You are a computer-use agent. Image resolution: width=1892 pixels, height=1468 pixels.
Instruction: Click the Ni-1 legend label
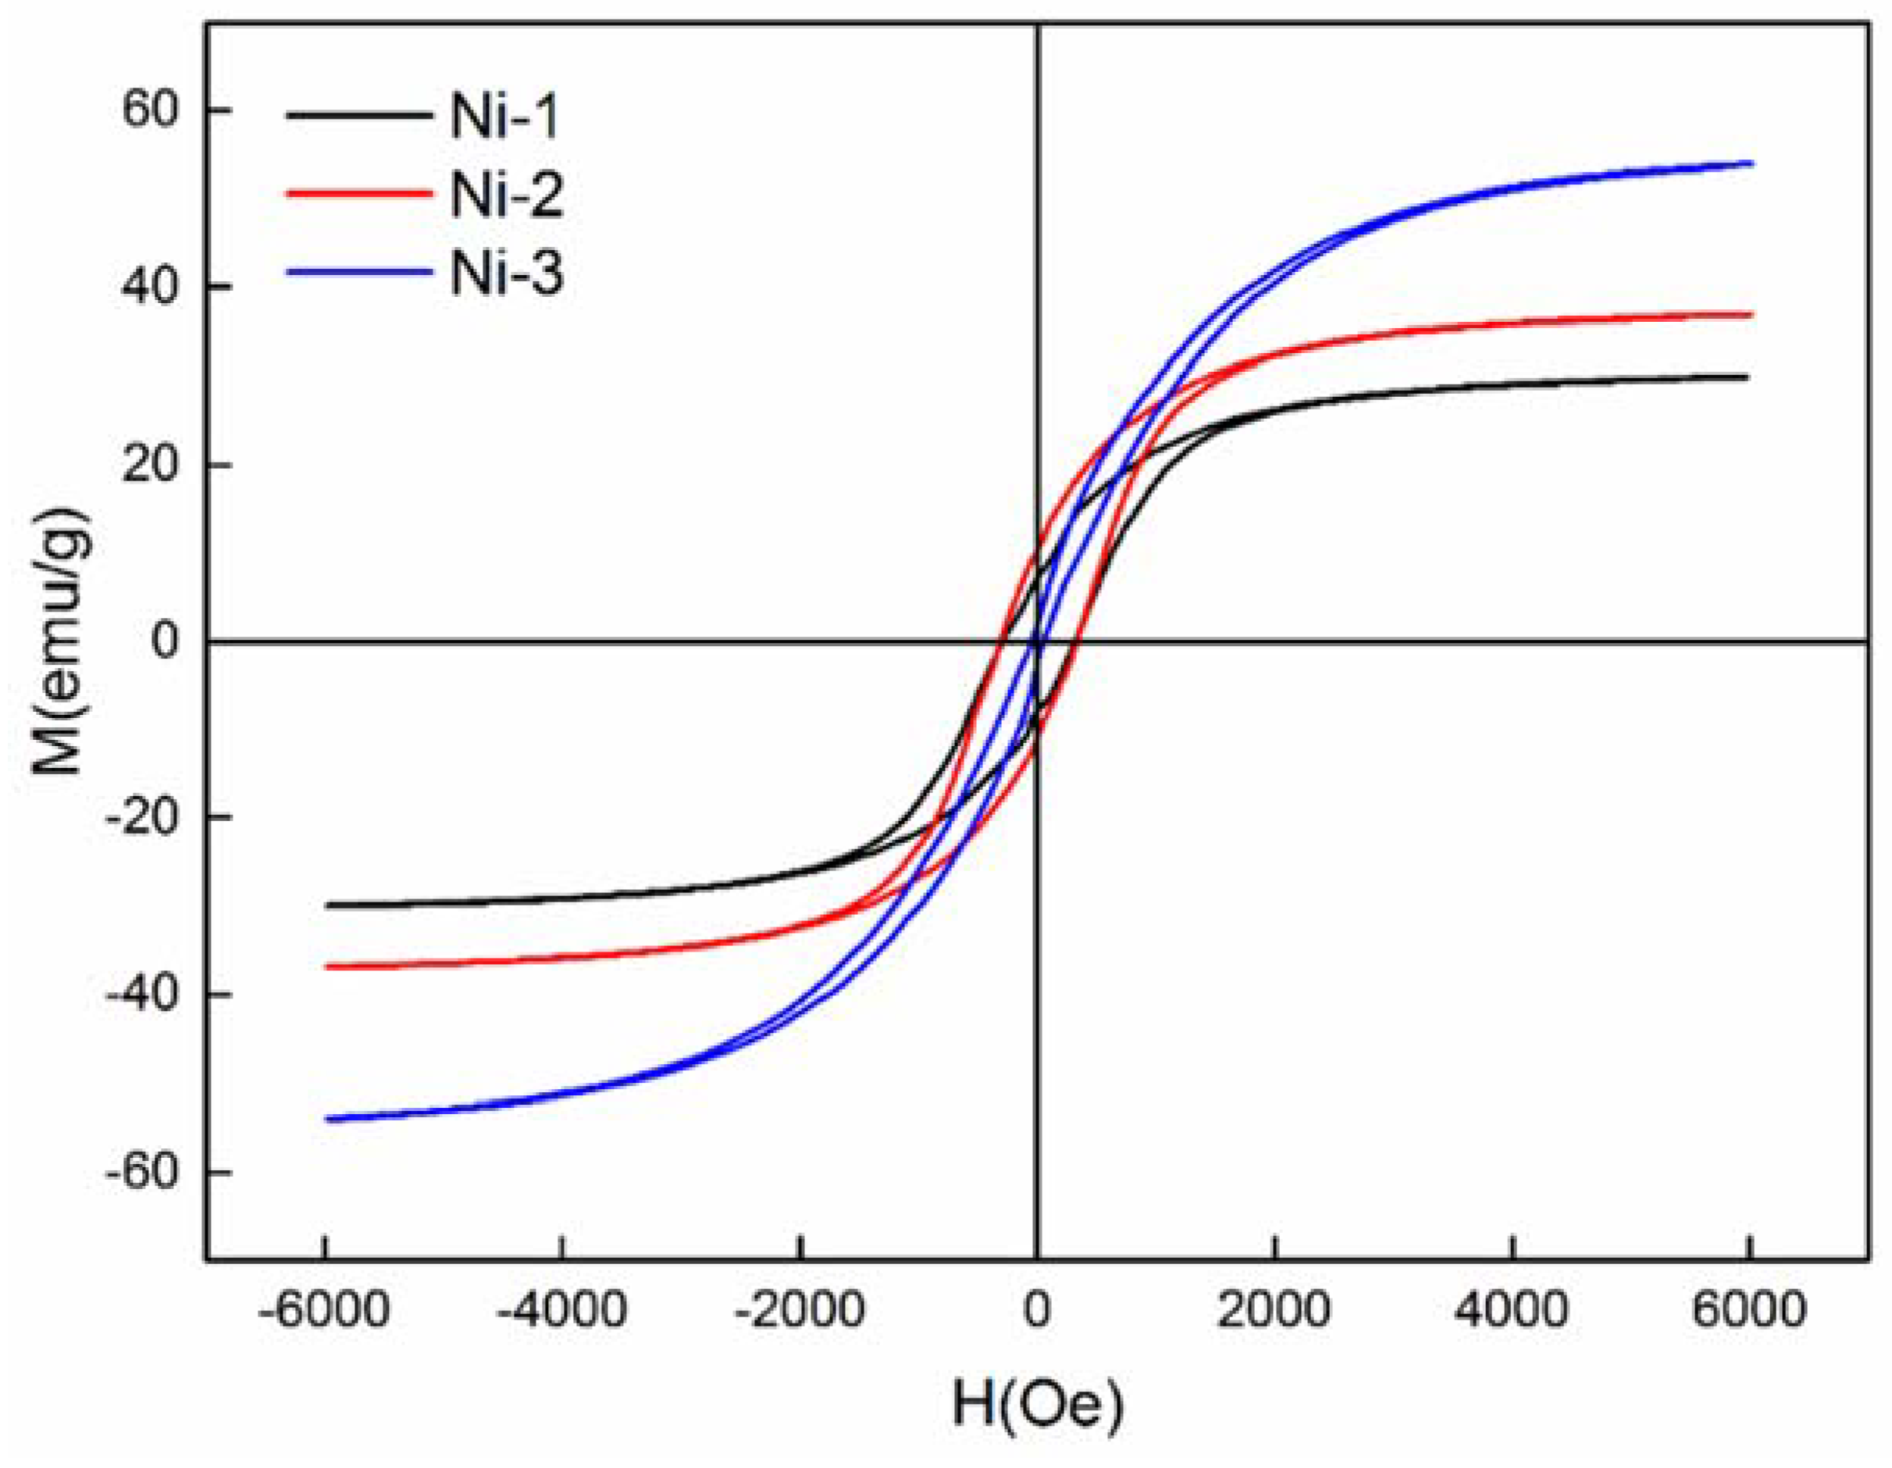505,116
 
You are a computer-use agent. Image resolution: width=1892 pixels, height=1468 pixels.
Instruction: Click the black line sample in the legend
358,114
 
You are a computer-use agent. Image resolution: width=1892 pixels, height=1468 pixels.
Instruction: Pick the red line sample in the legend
358,193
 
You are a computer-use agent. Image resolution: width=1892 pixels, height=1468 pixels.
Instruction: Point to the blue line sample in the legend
358,272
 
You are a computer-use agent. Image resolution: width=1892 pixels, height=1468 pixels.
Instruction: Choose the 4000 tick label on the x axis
1512,1309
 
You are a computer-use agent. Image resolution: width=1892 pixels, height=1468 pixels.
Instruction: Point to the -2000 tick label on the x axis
799,1309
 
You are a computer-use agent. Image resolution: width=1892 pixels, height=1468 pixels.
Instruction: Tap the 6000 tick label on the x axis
1749,1309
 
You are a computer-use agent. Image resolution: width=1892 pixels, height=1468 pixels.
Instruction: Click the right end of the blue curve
1751,163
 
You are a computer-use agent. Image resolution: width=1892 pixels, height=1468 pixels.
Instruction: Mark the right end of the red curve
1751,315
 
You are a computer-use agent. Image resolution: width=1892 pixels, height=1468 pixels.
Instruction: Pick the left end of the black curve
326,905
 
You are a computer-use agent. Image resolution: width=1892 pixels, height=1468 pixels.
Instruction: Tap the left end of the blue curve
326,1119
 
